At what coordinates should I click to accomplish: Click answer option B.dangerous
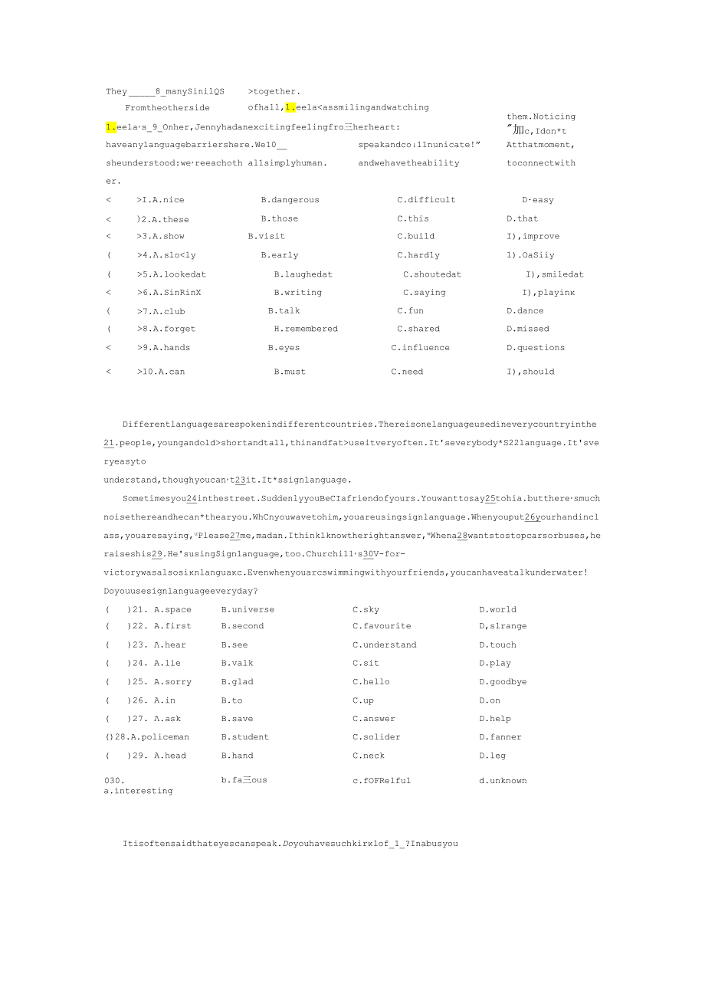click(290, 200)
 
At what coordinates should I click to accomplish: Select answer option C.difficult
click(426, 200)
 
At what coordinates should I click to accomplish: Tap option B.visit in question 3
click(266, 237)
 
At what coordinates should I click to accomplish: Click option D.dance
click(525, 311)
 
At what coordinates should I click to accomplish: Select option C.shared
click(418, 329)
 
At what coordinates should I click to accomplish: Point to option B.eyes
click(284, 348)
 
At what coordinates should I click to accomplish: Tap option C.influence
click(421, 348)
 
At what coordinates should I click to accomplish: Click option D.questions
click(536, 348)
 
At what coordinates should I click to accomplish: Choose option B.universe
click(248, 610)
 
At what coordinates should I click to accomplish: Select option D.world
click(498, 610)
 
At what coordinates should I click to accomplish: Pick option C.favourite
click(382, 626)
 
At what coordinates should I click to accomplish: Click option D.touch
click(498, 645)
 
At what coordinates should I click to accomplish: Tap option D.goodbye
click(503, 682)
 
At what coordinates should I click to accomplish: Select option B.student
click(245, 737)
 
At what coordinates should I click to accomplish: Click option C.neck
click(369, 756)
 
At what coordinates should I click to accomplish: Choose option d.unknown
click(503, 781)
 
